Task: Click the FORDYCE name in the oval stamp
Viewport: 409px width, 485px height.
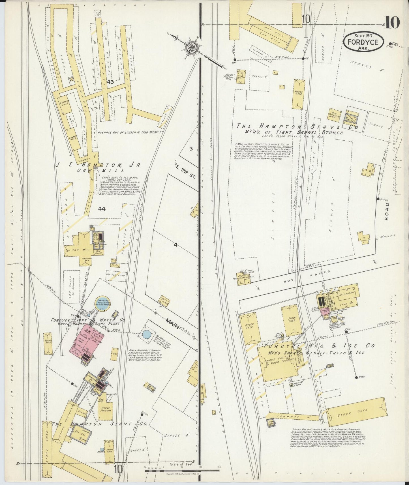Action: point(363,42)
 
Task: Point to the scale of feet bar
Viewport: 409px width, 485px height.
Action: point(181,470)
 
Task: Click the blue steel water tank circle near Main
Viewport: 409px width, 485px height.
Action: point(147,334)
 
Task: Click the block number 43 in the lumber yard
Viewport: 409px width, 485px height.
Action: point(110,82)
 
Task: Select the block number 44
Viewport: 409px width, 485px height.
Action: point(102,209)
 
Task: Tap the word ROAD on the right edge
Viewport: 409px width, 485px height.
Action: point(387,212)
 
